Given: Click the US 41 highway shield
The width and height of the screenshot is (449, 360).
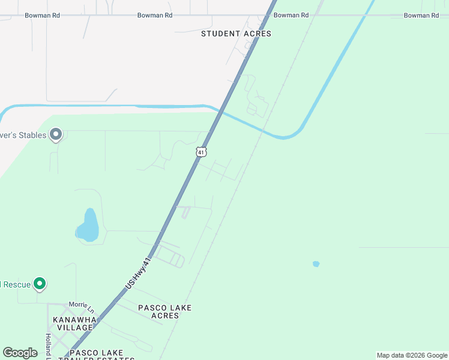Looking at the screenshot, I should click(201, 152).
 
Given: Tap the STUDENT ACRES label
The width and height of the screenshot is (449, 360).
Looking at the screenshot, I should click(236, 34).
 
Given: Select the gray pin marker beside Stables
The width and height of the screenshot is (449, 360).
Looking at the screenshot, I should click(56, 134).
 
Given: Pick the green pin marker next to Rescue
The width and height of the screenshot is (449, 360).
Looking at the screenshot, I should click(40, 283).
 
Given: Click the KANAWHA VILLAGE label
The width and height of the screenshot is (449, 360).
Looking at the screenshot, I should click(73, 323).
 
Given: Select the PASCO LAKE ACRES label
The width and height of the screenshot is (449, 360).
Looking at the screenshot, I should click(164, 311).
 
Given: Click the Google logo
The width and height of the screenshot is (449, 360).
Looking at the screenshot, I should click(20, 353).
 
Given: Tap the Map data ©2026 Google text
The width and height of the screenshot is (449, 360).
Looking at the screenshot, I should click(411, 355).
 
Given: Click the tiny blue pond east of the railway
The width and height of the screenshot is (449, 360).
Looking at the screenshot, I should click(316, 263).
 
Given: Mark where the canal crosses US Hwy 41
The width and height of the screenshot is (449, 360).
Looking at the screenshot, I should click(221, 112).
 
